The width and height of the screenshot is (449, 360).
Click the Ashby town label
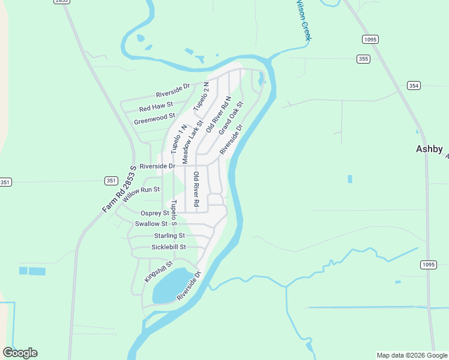tap(429, 149)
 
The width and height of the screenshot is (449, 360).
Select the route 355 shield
tap(363, 58)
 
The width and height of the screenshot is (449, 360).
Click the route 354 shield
tap(414, 86)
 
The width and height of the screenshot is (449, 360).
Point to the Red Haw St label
tap(155, 107)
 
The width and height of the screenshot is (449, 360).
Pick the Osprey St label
tap(155, 213)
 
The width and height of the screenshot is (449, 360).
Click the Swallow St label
tap(151, 224)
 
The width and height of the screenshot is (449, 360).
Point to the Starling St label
tap(169, 236)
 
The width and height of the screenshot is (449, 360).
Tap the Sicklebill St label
tap(169, 247)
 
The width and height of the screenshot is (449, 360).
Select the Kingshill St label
tap(158, 272)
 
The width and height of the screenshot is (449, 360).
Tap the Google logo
tap(20, 353)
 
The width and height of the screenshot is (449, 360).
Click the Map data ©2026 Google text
tap(411, 355)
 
